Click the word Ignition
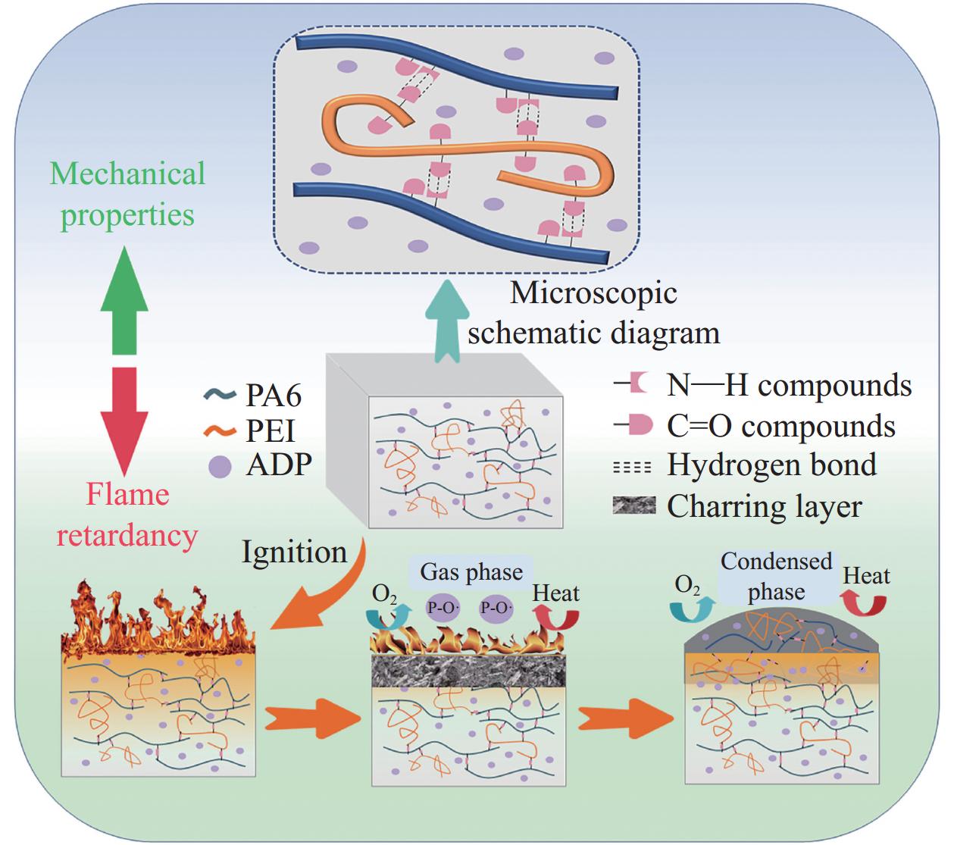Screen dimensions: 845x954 294,551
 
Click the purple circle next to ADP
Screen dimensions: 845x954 220,465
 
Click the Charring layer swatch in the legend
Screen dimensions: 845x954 633,505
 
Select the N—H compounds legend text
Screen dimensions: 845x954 788,385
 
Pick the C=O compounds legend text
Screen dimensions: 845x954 780,426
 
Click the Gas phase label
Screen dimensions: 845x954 471,571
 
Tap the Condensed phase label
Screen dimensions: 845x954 776,577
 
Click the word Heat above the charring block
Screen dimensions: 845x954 555,593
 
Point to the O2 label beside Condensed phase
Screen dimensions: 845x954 687,584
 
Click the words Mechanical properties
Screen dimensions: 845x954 127,194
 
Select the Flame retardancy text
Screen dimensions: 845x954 127,515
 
